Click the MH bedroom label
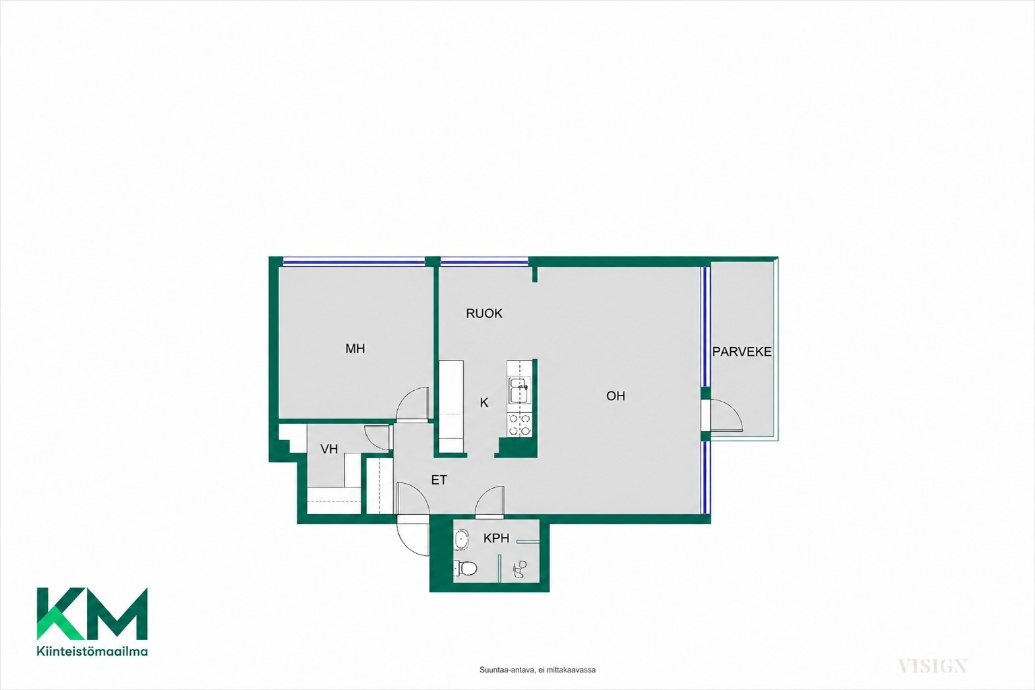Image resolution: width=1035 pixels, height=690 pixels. click(x=355, y=348)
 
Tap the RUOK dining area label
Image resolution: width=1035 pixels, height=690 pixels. click(x=483, y=313)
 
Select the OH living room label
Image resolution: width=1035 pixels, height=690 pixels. click(x=616, y=396)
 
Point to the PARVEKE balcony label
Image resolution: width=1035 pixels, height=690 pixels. click(x=742, y=352)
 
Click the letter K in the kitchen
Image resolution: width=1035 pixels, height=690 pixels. click(x=483, y=403)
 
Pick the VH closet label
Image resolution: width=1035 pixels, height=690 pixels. click(x=329, y=449)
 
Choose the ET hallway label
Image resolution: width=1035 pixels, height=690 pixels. click(x=439, y=480)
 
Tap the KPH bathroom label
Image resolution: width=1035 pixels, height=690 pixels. click(x=496, y=538)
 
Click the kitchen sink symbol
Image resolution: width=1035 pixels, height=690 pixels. click(x=519, y=390)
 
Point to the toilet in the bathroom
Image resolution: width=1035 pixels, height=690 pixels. click(x=465, y=568)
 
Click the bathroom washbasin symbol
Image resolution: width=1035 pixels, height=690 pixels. click(x=461, y=540)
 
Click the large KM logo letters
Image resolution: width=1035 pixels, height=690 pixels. click(x=92, y=614)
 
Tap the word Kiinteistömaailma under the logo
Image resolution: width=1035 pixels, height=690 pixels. click(x=92, y=652)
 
